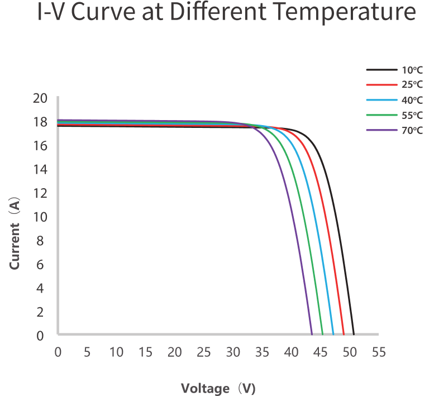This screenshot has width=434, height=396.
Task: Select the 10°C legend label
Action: [x=412, y=70]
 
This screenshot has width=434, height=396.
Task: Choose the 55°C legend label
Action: [x=412, y=116]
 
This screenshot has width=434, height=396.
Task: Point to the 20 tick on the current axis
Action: [x=41, y=98]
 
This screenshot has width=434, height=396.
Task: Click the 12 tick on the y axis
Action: [x=41, y=193]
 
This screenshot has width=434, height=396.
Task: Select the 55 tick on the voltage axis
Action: [x=378, y=352]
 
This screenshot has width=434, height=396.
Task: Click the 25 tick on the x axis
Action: [x=204, y=352]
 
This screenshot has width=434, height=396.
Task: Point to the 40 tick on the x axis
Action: [x=291, y=352]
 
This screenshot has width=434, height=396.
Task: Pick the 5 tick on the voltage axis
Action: [x=87, y=352]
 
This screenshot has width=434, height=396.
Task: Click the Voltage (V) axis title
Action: [x=218, y=388]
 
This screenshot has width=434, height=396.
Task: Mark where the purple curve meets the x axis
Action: [x=311, y=334]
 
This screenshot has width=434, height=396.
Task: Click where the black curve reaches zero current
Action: [x=354, y=334]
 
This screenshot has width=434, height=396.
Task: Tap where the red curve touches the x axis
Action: [x=344, y=334]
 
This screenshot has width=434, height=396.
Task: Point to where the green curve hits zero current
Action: [x=322, y=334]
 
